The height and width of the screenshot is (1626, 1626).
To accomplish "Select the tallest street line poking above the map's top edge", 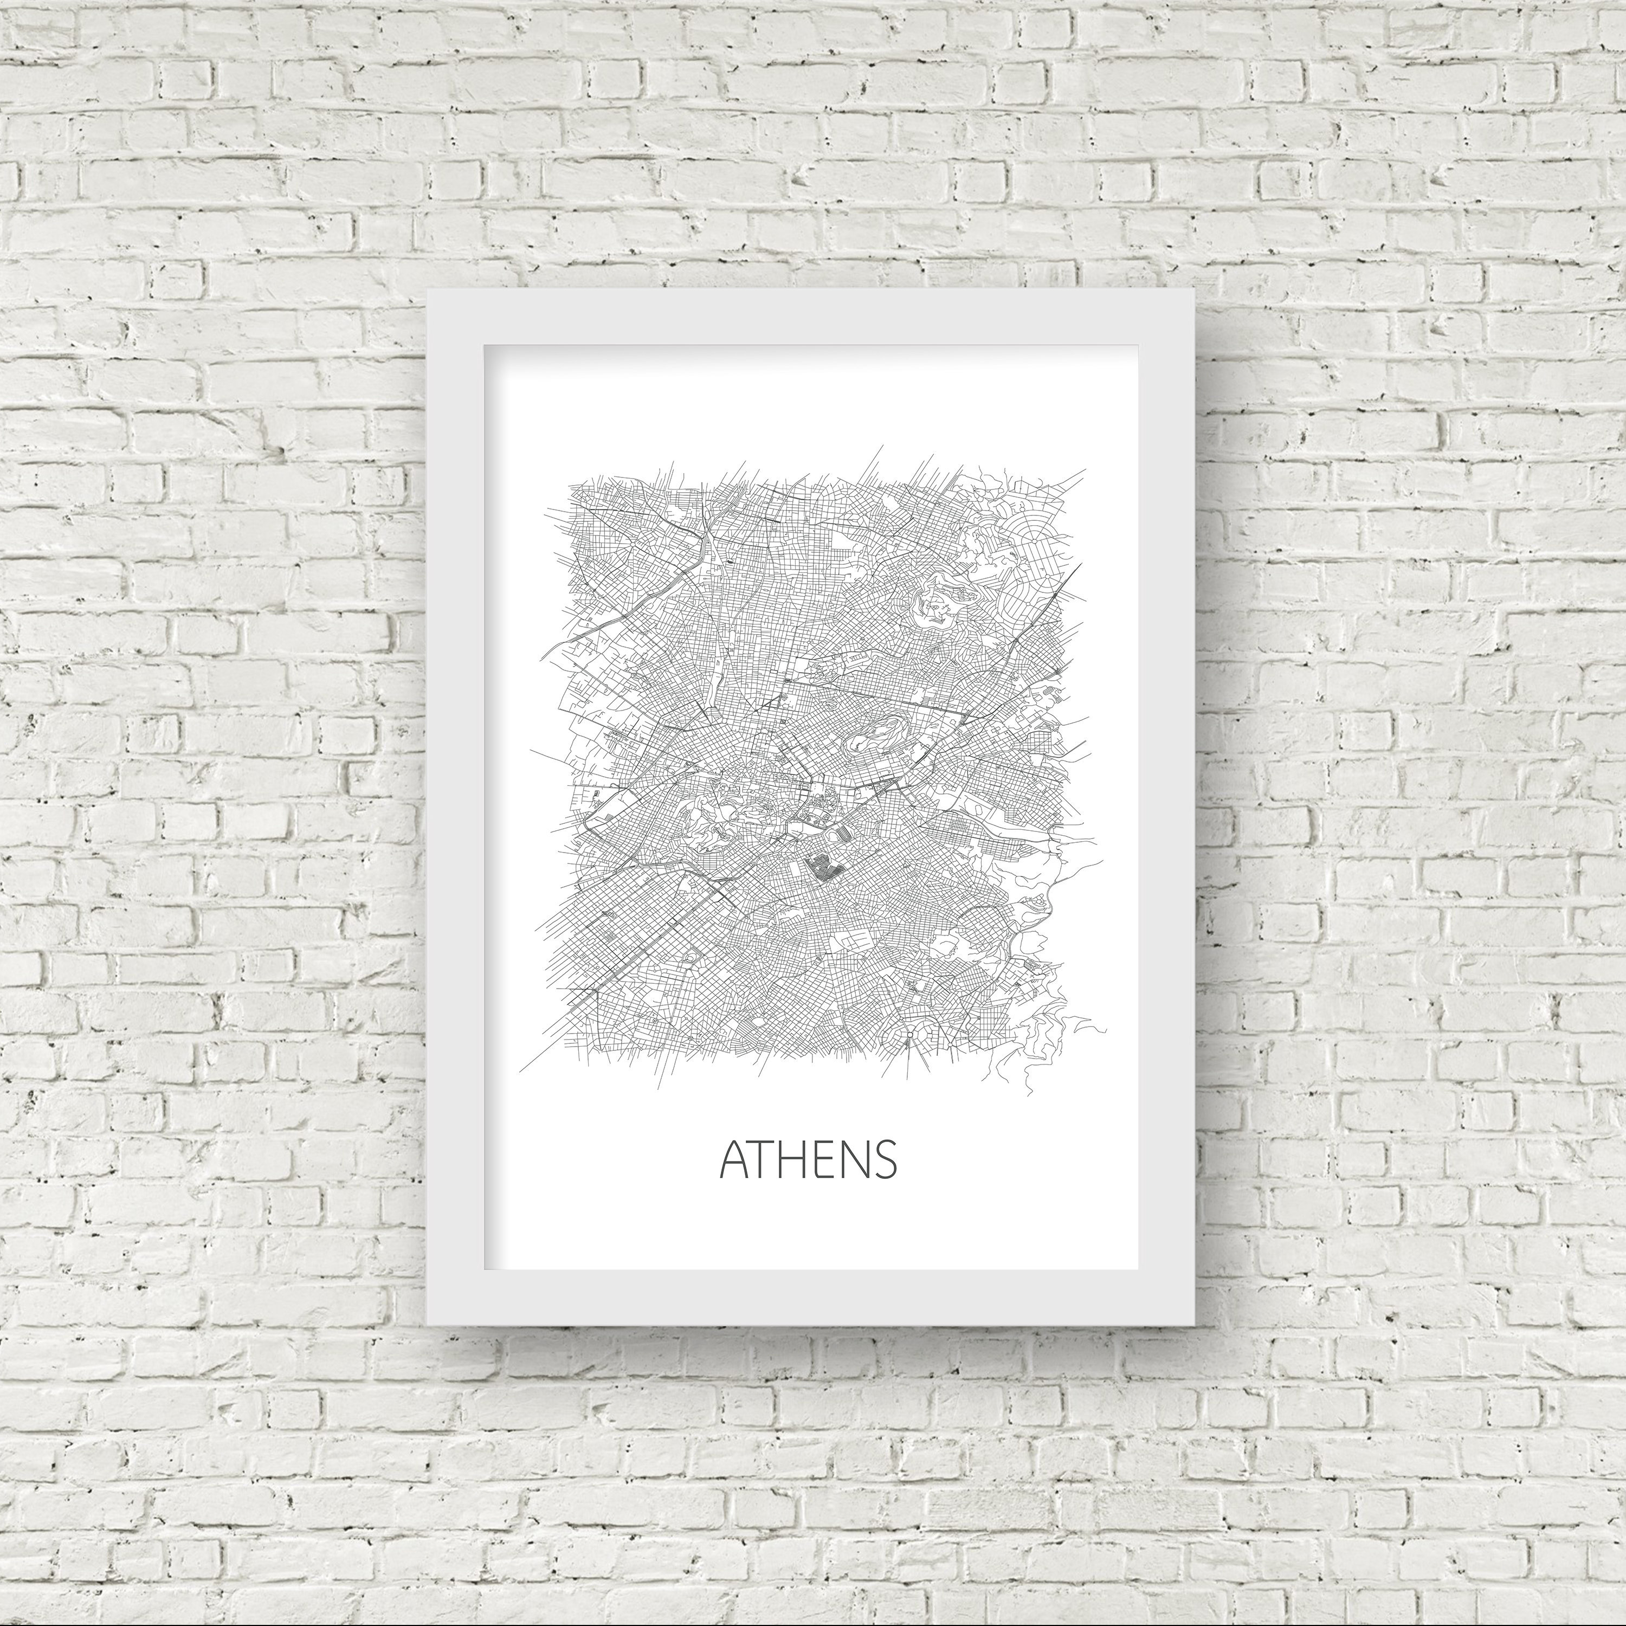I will click(x=882, y=447).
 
